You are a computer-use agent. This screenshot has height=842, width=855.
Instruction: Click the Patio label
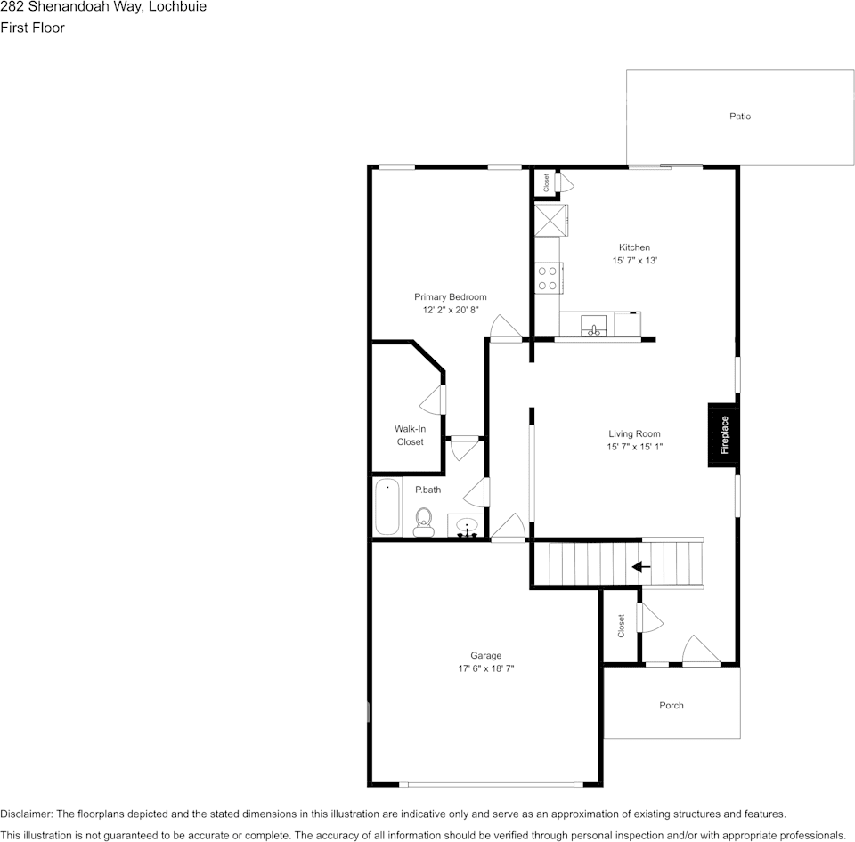740,117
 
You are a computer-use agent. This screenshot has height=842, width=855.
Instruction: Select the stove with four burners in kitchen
548,278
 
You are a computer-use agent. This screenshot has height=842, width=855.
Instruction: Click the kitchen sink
593,327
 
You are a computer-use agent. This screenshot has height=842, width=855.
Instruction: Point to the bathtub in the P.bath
387,507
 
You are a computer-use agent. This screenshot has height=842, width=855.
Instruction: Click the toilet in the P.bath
423,521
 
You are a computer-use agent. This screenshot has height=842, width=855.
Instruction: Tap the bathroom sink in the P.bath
466,529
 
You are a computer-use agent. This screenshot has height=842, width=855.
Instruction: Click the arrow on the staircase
640,566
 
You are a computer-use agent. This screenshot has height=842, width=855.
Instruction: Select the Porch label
672,706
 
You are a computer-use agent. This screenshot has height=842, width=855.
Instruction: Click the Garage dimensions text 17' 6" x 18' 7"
486,668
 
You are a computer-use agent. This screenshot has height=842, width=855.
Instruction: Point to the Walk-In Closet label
410,435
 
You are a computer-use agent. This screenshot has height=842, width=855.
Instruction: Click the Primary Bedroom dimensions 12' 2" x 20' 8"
450,311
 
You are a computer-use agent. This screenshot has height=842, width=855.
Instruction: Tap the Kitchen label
634,247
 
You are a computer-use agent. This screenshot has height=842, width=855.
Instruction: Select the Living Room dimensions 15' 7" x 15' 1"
634,448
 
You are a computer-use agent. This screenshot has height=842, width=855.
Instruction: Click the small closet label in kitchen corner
546,182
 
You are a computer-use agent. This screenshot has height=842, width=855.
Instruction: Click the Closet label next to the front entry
622,626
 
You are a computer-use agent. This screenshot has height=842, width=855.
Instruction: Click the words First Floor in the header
33,28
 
